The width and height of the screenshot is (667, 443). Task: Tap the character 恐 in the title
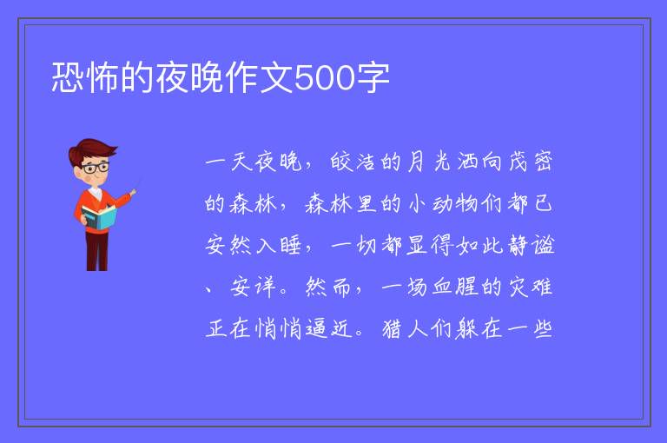click(x=68, y=77)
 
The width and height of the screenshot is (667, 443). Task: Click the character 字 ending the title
click(x=373, y=77)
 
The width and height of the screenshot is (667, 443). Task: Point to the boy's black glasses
click(x=96, y=168)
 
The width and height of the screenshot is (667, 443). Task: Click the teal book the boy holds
click(x=99, y=217)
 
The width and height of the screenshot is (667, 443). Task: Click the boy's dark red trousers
click(x=97, y=251)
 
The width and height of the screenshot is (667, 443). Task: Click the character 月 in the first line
click(x=416, y=162)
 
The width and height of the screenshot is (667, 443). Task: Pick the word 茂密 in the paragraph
click(x=531, y=162)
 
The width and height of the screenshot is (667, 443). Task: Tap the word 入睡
click(x=279, y=245)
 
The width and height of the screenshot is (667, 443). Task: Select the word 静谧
click(x=532, y=245)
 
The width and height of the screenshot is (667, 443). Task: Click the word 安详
click(x=253, y=287)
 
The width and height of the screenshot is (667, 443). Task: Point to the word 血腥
click(x=455, y=287)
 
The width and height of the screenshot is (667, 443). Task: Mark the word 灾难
click(x=531, y=287)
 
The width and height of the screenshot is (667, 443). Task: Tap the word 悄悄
click(x=279, y=328)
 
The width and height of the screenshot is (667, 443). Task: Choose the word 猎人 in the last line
click(x=404, y=328)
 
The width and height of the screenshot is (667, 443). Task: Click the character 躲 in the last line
click(x=466, y=328)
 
